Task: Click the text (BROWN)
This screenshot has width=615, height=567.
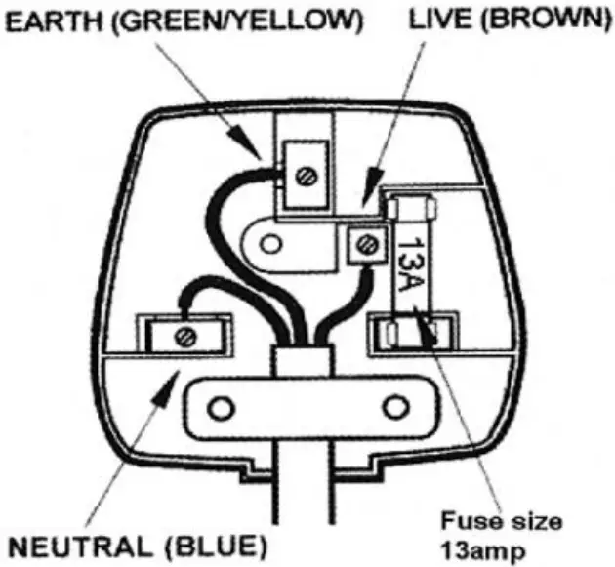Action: click(x=538, y=18)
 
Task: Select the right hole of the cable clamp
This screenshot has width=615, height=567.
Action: click(x=396, y=403)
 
